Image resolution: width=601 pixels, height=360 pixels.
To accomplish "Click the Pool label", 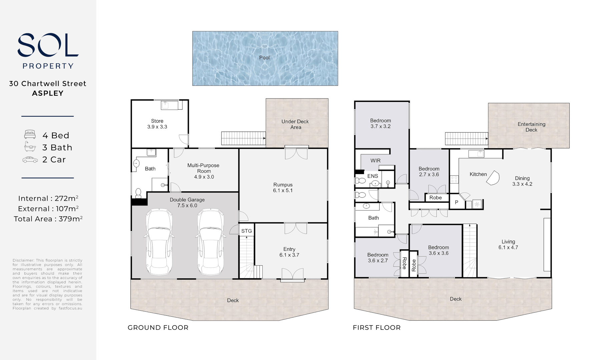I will [264, 58].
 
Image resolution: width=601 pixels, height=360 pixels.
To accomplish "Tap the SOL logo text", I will [48, 45].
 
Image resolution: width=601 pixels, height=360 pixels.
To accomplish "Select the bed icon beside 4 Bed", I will [30, 135].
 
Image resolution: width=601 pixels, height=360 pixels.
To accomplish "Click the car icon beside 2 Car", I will [30, 160].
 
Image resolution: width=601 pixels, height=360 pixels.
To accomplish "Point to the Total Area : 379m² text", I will [48, 219].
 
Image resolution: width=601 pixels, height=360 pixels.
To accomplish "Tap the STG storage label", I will [246, 231].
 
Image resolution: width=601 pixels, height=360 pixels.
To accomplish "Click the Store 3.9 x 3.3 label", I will [157, 124].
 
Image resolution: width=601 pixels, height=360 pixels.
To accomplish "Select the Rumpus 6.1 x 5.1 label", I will [283, 188].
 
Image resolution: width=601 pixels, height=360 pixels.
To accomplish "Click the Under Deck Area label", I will [295, 124].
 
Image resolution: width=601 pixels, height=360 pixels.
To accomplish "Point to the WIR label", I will [376, 161].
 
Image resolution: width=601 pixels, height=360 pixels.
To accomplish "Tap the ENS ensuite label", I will [373, 176].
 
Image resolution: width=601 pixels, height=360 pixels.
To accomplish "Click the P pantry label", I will [457, 202].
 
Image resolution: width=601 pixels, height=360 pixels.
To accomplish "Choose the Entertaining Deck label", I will [531, 127].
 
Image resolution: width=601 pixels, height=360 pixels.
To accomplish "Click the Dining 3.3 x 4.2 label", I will [522, 181].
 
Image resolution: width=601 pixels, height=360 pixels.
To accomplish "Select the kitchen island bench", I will [493, 178].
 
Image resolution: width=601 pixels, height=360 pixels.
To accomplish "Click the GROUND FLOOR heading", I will [158, 328].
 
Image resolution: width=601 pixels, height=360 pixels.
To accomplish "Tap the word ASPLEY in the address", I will [48, 93].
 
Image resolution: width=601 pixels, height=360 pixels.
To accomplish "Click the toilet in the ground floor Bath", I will [138, 193].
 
